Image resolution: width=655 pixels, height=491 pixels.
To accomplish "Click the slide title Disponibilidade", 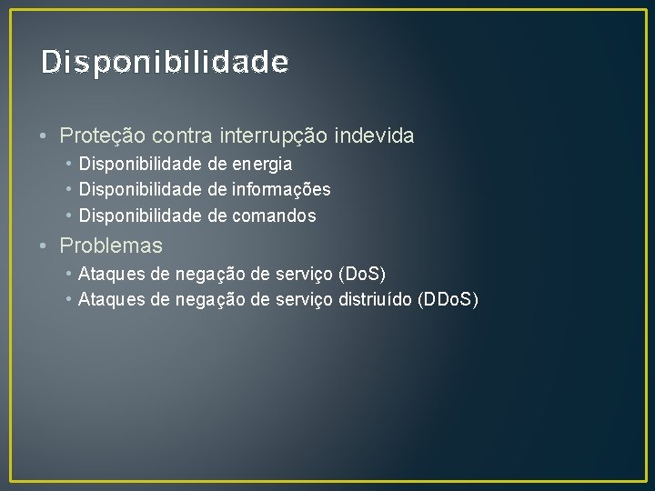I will point(165,62).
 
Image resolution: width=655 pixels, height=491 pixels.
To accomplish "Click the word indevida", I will point(375,136).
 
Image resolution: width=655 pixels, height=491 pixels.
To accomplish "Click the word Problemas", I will point(111,245).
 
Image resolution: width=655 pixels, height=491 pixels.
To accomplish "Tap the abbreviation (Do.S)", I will point(362,273).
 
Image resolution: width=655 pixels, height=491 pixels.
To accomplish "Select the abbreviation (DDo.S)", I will point(446,298).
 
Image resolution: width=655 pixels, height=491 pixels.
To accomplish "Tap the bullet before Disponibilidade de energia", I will point(69,164).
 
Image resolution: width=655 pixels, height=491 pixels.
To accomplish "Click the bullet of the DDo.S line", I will point(69,298).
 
